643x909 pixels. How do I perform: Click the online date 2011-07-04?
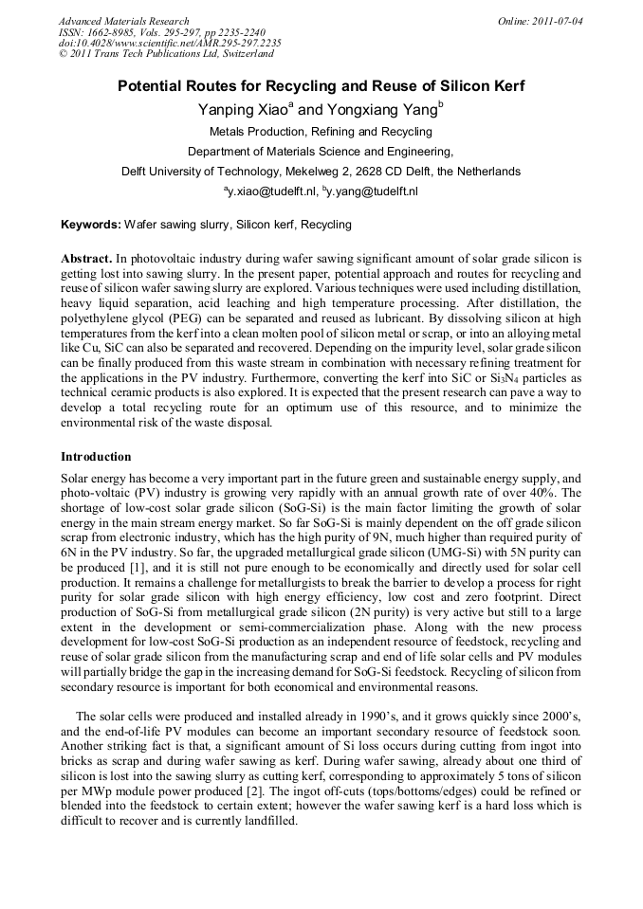point(557,21)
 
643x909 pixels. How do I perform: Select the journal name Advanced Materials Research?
point(124,21)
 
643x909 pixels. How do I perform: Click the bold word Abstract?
point(86,258)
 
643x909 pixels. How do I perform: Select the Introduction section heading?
point(96,456)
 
